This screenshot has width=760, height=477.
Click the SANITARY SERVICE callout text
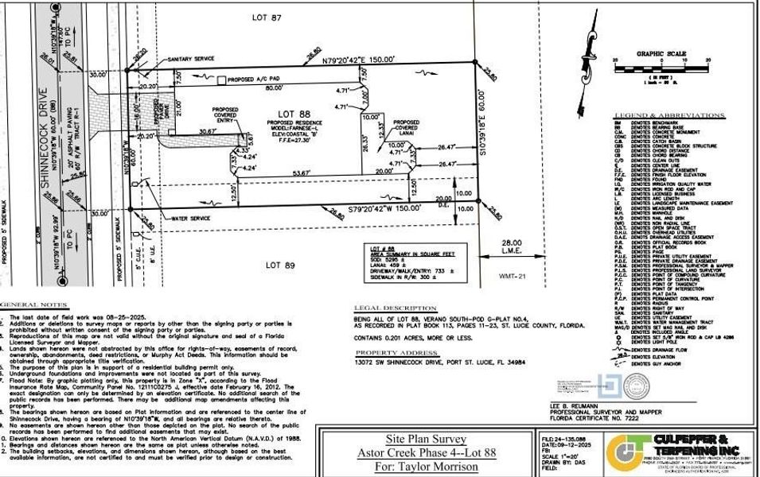[x=193, y=59]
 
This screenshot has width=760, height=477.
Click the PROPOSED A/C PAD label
[x=251, y=80]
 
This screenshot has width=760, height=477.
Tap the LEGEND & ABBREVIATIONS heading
[x=661, y=117]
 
